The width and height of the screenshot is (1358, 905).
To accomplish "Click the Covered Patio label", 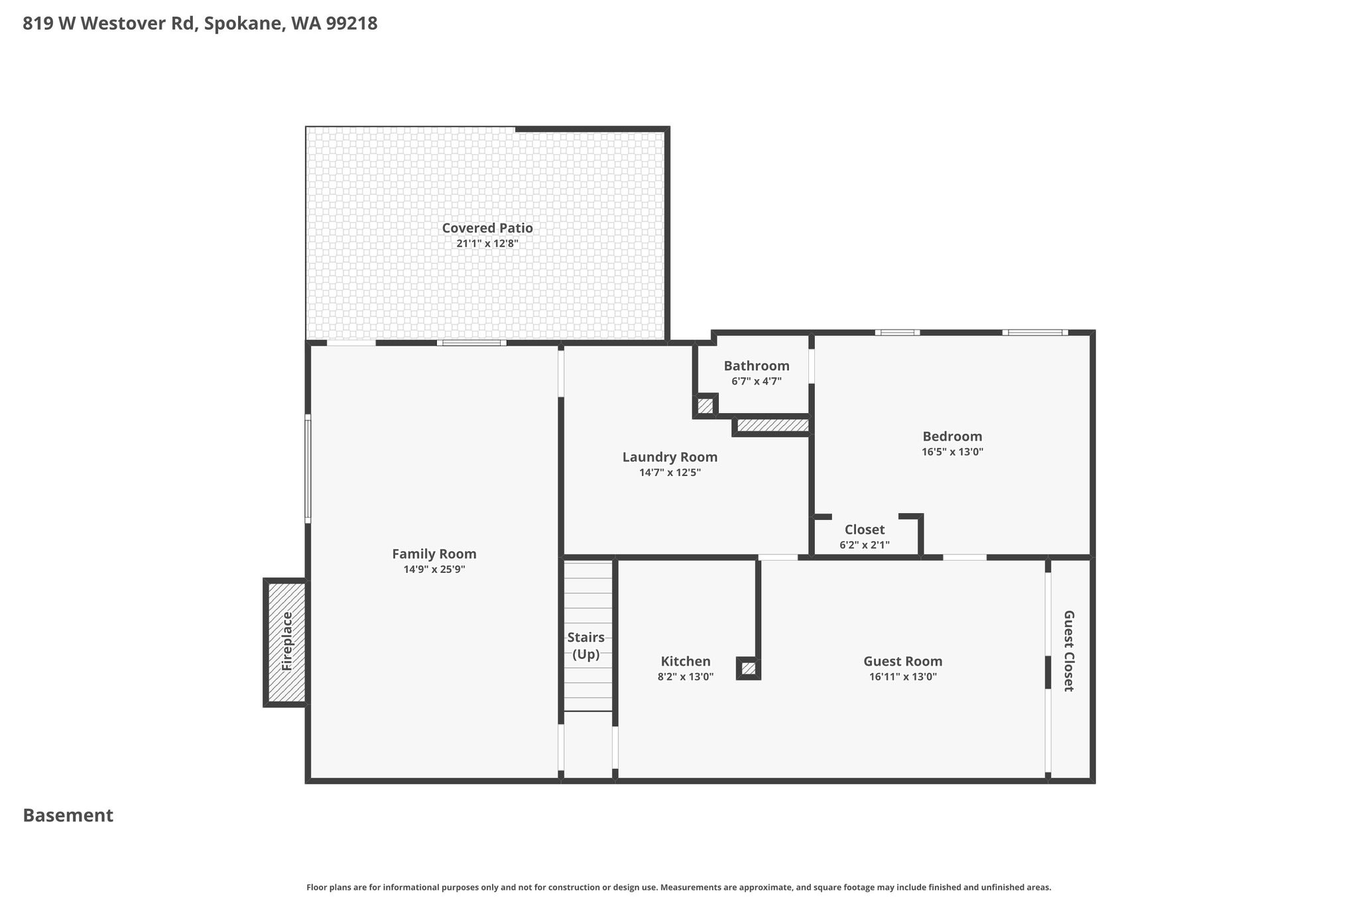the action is click(487, 228).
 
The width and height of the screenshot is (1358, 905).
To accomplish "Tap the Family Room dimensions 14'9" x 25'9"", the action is click(434, 570).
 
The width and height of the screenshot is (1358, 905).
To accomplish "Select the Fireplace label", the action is click(287, 641).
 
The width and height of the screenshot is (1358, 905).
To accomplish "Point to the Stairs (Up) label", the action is click(586, 646).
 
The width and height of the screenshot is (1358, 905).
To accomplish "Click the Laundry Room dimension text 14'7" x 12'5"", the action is click(670, 473).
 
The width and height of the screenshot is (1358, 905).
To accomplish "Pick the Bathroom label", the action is click(757, 366).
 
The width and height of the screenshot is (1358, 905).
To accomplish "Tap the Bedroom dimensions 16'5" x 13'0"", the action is click(952, 452).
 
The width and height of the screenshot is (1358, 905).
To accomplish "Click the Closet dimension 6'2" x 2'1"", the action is click(865, 545).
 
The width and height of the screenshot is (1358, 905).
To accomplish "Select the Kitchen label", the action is click(686, 661).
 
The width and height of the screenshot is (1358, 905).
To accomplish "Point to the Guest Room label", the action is click(903, 661).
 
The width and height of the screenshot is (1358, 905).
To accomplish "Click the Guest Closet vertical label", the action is click(1069, 651).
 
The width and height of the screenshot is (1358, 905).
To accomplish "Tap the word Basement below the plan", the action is click(68, 815).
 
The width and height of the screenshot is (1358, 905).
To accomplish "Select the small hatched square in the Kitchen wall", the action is click(749, 668).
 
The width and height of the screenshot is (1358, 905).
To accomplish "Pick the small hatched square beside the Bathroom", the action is click(706, 406).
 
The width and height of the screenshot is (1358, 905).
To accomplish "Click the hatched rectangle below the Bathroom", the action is click(773, 425).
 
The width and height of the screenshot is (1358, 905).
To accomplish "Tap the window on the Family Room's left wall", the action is click(308, 469).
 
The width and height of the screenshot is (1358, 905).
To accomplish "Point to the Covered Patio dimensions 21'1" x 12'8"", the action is click(487, 243).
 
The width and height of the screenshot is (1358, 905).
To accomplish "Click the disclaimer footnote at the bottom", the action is click(679, 887).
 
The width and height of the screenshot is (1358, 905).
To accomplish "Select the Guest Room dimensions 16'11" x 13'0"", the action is click(903, 677).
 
